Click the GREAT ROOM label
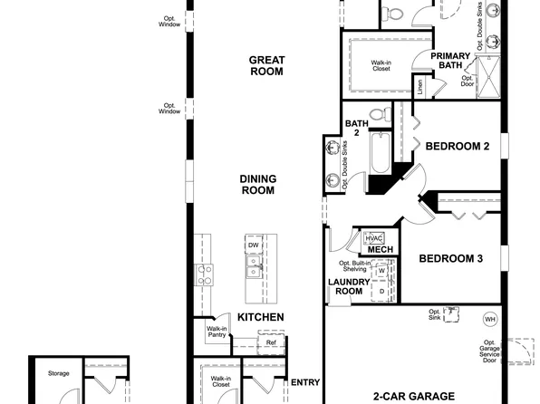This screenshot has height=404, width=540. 267,66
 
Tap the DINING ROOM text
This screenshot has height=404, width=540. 258,185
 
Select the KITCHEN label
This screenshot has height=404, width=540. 261,317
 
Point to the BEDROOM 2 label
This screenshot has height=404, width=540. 458,146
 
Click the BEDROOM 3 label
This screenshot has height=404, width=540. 450,259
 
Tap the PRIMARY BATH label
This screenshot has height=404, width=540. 451,61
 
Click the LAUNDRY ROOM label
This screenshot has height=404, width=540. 345,286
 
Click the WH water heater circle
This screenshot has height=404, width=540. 490,319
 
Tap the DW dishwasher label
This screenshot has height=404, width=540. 255,245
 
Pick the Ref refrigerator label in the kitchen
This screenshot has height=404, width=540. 270,343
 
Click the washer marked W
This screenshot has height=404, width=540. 381,270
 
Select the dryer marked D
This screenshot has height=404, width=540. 381,291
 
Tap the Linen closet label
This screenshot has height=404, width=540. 419,88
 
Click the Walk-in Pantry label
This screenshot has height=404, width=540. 217,332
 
